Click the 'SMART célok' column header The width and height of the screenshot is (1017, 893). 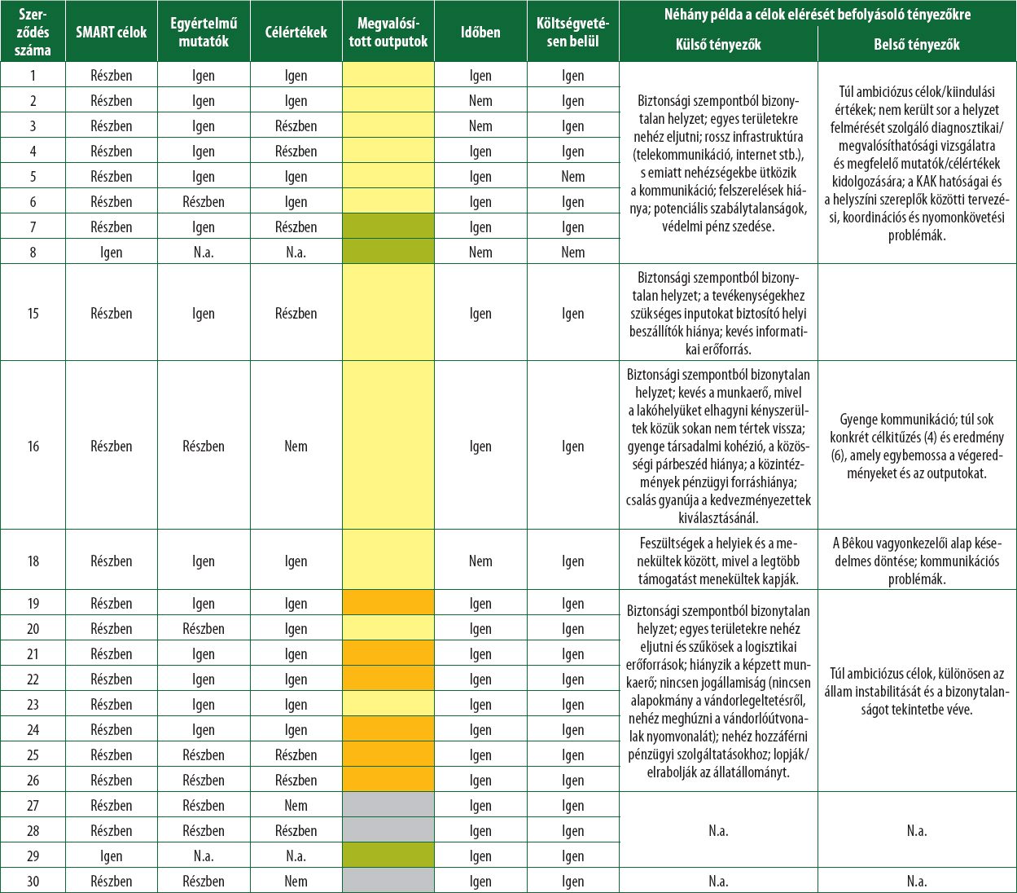pos(112,33)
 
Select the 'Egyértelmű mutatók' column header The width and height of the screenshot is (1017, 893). pos(204,33)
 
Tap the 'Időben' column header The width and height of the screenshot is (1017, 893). pos(480,33)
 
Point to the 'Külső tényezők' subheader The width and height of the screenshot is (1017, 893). pos(718,46)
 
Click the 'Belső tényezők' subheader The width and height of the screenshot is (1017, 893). pos(917,46)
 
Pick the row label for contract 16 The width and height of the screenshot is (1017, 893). pos(33,446)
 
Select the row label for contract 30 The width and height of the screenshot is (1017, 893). pos(33,882)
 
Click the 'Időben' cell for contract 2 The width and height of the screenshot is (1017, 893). pos(480,101)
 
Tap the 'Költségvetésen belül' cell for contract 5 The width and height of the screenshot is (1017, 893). pos(573,177)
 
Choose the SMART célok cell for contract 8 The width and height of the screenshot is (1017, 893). pos(112,253)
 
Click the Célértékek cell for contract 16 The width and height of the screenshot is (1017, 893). pos(296,446)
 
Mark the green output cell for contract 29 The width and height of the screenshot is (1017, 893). pos(388,856)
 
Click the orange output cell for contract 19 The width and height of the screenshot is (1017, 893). pos(388,604)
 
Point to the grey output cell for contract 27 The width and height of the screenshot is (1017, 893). pos(388,806)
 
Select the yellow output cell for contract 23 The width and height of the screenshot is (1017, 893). pos(388,705)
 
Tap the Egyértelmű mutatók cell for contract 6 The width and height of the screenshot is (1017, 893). pos(204,202)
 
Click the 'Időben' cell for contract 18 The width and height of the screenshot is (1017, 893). pos(480,561)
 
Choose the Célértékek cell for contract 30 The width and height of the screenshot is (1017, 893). pos(296,882)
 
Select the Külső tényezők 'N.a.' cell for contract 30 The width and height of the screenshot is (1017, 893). pos(718,882)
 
